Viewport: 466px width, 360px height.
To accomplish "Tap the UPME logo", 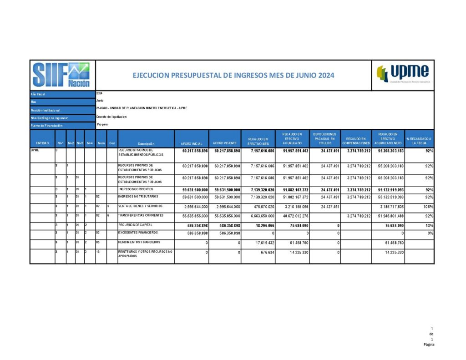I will [x=403, y=74].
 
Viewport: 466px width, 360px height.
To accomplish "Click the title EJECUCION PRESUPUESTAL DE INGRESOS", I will [x=233, y=75].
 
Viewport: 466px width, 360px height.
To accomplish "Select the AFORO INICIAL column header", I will [x=191, y=143].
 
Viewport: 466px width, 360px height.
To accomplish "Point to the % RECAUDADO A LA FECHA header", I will [x=419, y=141].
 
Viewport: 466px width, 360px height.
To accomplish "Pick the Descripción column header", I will [x=146, y=143].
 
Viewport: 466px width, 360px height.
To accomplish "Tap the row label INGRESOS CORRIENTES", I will [x=136, y=189].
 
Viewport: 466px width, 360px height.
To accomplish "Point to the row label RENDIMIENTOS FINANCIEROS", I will [x=140, y=242].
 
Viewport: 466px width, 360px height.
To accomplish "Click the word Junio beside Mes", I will [x=101, y=101].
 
